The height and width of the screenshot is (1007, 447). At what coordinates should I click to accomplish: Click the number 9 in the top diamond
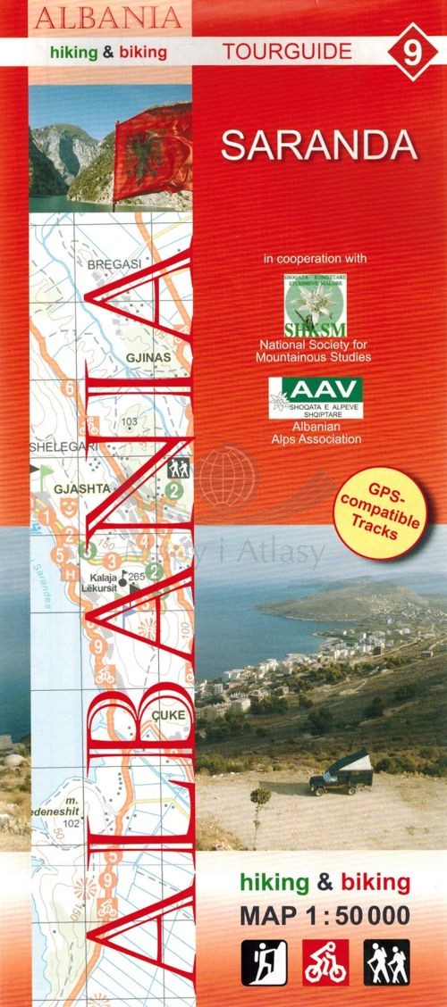pyautogui.click(x=411, y=53)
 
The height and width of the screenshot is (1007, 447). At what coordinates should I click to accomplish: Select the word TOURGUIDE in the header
pyautogui.click(x=287, y=52)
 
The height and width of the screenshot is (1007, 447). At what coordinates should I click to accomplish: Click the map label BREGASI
pyautogui.click(x=115, y=266)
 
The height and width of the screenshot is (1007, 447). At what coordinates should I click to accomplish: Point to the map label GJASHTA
pyautogui.click(x=57, y=489)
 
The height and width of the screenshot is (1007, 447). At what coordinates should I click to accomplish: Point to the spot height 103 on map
pyautogui.click(x=131, y=421)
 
